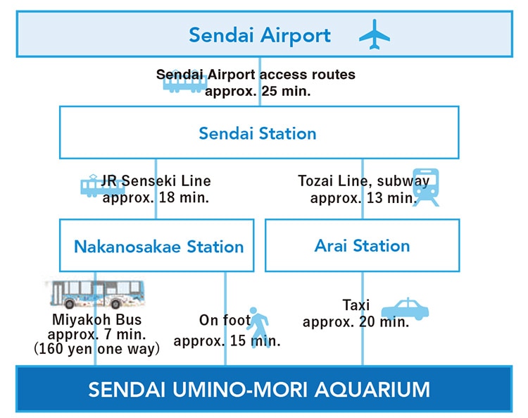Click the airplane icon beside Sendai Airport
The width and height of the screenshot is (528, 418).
point(375,35)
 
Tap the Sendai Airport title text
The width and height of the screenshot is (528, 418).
point(260,36)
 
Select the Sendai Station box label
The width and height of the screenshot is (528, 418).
point(258,133)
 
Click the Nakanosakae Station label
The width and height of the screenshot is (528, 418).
point(158,247)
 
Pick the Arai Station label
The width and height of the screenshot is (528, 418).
point(362,246)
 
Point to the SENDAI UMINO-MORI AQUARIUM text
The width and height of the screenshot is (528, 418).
point(259,390)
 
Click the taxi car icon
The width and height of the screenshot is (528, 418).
point(405,309)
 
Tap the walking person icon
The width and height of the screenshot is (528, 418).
point(260,327)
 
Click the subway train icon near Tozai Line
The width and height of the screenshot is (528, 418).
point(426,187)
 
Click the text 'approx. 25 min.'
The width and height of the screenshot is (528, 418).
point(258,92)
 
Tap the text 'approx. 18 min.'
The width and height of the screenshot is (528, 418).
point(156,197)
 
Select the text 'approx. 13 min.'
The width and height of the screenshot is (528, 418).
point(363,198)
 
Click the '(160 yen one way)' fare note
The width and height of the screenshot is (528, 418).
point(97,349)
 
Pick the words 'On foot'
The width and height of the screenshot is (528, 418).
point(225,320)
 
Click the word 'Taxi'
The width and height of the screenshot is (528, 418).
point(356,305)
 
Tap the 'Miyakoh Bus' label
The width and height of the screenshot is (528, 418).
point(97,319)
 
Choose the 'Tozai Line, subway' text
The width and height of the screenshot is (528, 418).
point(364,181)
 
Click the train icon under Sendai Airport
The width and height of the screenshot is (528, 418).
point(184,83)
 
